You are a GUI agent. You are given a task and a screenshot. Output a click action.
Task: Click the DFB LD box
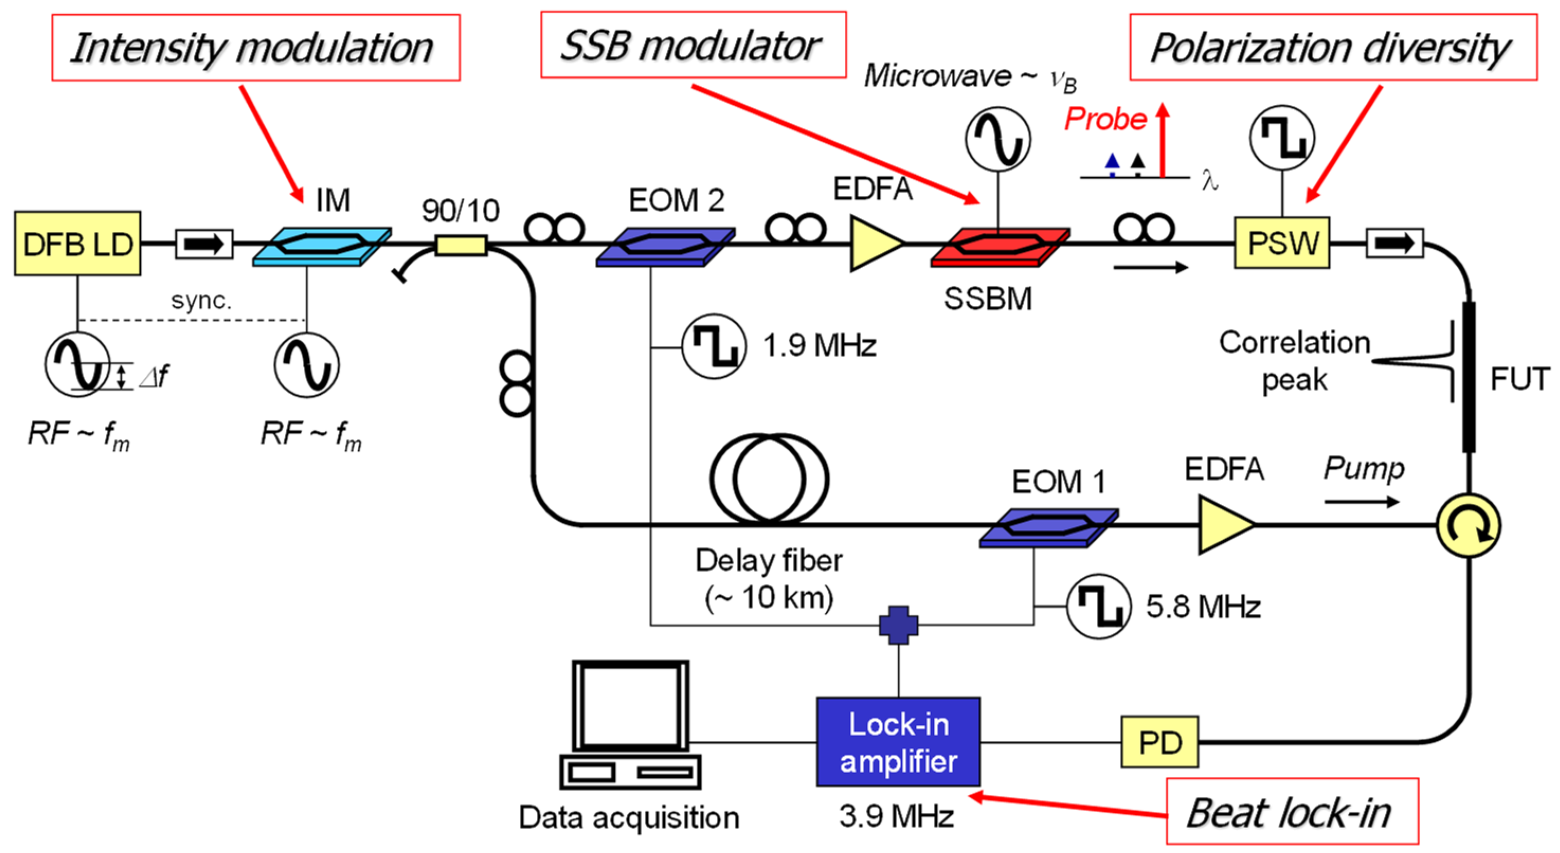pos(77,244)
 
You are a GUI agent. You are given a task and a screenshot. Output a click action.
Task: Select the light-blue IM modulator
pos(321,245)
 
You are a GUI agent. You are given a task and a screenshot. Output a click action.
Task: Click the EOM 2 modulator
pos(665,246)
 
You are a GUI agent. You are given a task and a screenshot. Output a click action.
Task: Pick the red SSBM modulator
pos(1000,246)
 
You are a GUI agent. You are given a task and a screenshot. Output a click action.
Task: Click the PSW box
pos(1282,243)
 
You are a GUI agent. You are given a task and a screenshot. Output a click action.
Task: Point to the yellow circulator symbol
pos(1468,525)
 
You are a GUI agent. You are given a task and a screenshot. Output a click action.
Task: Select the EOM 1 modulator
pos(1048,527)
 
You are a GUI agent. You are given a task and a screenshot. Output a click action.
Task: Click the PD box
pos(1159,742)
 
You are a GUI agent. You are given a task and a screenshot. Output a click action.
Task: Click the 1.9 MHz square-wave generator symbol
pos(714,346)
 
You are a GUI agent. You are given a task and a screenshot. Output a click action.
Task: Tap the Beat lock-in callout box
pos(1292,811)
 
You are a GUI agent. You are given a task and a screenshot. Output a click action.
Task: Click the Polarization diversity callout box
pos(1333,47)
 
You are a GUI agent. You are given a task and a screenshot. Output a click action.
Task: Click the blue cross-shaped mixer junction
pos(898,625)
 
